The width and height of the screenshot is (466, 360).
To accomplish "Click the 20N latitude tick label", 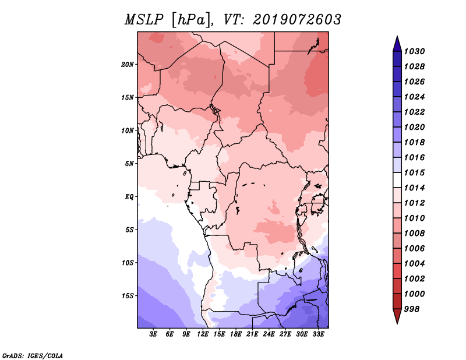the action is point(128,65).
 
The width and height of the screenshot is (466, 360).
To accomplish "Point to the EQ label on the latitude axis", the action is point(129,197).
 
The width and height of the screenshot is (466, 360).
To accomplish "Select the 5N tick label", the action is point(129,164).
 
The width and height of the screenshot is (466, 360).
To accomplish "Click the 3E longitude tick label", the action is point(153,334).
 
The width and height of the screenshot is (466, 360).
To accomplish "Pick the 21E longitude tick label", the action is point(252,334).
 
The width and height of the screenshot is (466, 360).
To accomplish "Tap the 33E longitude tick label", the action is point(318,334).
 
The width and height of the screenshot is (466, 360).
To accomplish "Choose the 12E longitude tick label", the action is point(203,334).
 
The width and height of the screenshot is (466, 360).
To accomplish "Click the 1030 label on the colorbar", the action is point(414,51).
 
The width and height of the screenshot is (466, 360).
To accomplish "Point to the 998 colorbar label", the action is point(412,309).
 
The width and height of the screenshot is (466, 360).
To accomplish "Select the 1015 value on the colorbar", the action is point(414,172).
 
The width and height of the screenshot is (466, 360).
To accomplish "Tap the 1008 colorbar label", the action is point(414,234).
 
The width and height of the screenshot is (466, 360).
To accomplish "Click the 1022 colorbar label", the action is point(414,112).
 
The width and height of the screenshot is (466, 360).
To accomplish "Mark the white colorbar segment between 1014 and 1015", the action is point(397,180).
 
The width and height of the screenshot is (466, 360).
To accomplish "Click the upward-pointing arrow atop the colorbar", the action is point(397,44).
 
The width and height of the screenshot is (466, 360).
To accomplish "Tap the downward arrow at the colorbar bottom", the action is point(397,316).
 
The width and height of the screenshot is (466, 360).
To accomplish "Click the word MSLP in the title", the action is point(144,20).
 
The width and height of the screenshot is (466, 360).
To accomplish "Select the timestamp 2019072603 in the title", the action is point(297,20).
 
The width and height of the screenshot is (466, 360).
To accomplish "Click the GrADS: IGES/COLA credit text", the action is point(33,355).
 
